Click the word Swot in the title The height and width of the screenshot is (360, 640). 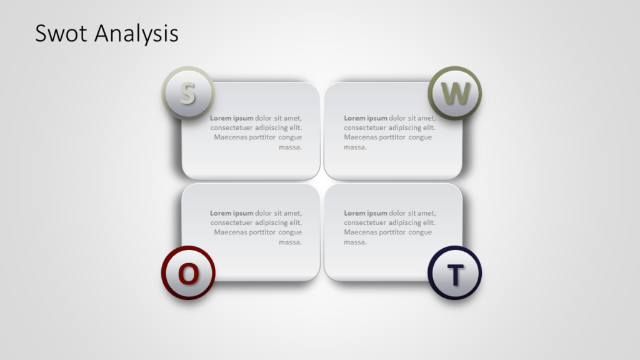(x=57, y=33)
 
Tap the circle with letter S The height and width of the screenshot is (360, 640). (x=187, y=93)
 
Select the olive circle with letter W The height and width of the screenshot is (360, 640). (x=454, y=93)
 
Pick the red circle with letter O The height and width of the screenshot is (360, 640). (x=188, y=272)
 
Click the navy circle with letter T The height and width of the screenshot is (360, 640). (x=454, y=272)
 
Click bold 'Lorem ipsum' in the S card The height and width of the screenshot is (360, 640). (x=231, y=118)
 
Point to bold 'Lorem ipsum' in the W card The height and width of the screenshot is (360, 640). (x=366, y=118)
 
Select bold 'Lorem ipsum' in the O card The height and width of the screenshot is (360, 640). (x=231, y=213)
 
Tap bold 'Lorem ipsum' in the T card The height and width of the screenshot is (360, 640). (x=366, y=213)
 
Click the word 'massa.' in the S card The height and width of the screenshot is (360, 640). (x=290, y=147)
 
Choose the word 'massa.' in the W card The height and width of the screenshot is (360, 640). (x=355, y=147)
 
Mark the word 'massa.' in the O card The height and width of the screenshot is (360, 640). (x=290, y=242)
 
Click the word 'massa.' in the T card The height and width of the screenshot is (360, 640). (x=355, y=242)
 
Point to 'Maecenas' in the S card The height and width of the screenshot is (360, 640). (x=230, y=137)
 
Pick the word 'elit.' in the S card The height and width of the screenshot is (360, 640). (x=294, y=127)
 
